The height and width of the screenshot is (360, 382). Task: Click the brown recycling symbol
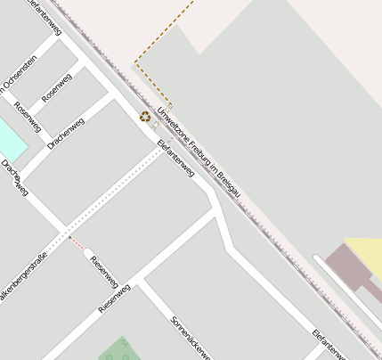[x=144, y=116]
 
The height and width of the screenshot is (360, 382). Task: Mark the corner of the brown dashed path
[x=134, y=62]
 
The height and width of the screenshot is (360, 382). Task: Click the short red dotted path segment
[x=77, y=244]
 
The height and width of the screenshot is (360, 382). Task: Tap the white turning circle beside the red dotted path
[x=88, y=254]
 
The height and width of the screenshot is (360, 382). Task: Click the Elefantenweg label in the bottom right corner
[x=329, y=344]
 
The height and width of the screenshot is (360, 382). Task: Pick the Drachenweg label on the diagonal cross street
[x=65, y=132]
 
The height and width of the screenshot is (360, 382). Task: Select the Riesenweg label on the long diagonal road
[x=115, y=298]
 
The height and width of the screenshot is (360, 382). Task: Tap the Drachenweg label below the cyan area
[x=15, y=177]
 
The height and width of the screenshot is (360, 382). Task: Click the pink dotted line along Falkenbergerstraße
[x=116, y=192]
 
